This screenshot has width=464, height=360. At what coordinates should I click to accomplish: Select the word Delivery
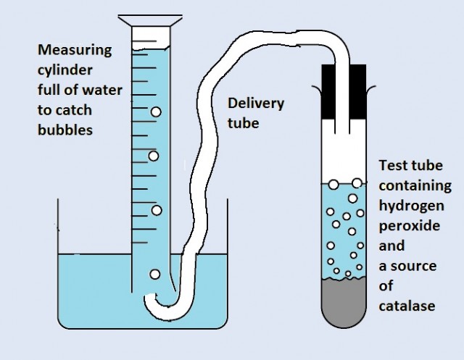click(x=256, y=104)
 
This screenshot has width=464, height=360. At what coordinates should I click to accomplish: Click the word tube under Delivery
click(x=244, y=123)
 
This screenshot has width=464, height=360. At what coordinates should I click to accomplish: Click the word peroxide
click(x=409, y=225)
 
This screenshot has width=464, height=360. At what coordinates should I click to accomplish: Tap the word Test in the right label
click(x=392, y=165)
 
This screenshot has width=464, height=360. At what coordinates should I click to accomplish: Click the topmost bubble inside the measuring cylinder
click(x=156, y=112)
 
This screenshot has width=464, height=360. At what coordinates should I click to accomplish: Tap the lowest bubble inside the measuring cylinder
click(x=154, y=274)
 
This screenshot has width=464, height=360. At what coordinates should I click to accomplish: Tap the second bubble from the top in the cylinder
click(x=154, y=156)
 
